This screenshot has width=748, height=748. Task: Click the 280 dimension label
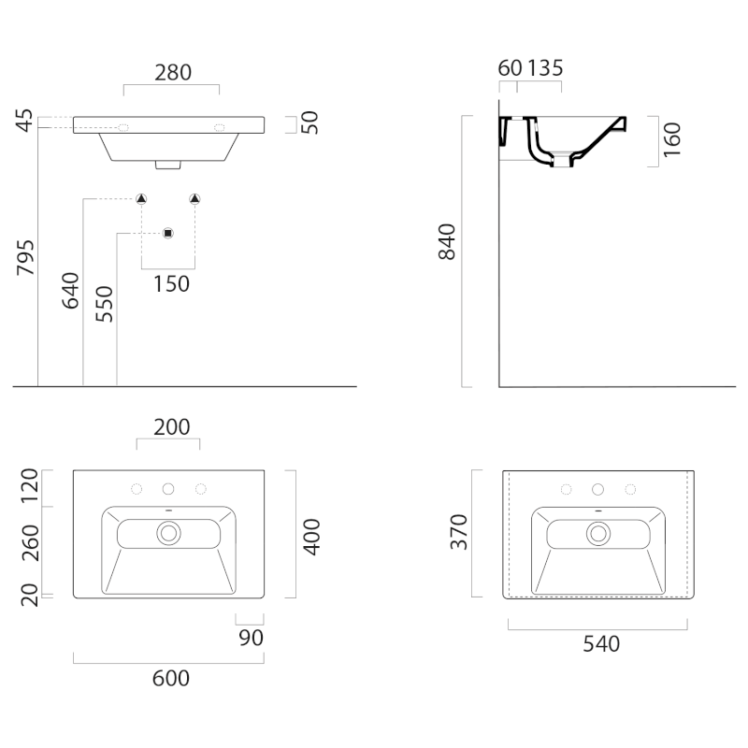point(173,73)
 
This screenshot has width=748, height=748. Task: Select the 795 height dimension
point(26,258)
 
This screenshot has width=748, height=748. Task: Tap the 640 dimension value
point(71,291)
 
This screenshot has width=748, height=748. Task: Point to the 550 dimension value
point(104,304)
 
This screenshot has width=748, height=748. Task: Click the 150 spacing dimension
point(171,284)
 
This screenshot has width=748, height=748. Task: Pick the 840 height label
point(447,242)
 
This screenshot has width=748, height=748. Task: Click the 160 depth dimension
point(671,139)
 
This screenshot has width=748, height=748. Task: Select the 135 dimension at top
point(545,68)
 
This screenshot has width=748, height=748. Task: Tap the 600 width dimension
point(171,679)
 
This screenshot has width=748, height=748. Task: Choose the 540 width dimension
point(601,644)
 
